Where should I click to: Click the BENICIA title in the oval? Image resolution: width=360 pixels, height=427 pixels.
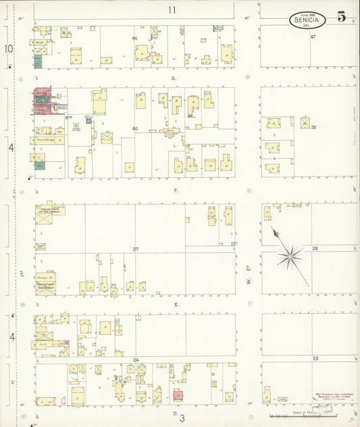pos(308,20)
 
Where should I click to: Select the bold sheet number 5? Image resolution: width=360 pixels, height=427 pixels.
pos(342,17)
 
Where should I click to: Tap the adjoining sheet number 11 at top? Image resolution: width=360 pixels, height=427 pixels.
pos(172,9)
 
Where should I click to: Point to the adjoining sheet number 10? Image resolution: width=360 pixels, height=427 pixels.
pos(8,49)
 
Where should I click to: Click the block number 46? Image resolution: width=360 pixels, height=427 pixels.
pos(134,39)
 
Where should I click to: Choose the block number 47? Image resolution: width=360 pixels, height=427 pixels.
pos(313,36)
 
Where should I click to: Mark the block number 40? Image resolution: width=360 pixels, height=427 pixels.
pos(134,128)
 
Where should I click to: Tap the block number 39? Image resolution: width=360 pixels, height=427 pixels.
pos(313,127)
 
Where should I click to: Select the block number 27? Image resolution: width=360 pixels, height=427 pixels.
pos(136,249)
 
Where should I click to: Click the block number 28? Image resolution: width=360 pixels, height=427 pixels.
pos(315,249)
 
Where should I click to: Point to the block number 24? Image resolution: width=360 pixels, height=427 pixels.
pos(136,359)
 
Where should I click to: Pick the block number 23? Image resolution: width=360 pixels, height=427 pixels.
pos(315,359)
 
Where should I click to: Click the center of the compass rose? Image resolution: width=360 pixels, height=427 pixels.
pos(290,255)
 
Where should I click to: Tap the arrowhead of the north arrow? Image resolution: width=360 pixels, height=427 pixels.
pos(274,230)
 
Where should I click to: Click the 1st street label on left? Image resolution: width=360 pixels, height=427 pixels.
pos(22,274)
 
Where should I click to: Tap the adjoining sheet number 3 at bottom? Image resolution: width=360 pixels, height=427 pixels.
pos(182,418)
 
